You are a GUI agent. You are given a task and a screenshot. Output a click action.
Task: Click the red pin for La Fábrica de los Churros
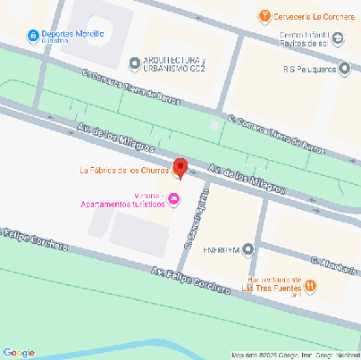(x=179, y=167)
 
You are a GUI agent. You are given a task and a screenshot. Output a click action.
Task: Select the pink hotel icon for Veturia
(x=174, y=198)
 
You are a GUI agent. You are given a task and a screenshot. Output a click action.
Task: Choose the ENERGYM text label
(x=221, y=249)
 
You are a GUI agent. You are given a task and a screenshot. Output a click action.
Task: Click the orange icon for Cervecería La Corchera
(x=264, y=16)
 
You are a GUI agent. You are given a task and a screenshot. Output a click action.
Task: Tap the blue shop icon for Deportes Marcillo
(x=32, y=35)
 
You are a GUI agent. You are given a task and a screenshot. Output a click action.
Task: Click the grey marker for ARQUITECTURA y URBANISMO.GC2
(x=136, y=62)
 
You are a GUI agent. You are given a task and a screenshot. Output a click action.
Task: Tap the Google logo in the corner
(x=19, y=352)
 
